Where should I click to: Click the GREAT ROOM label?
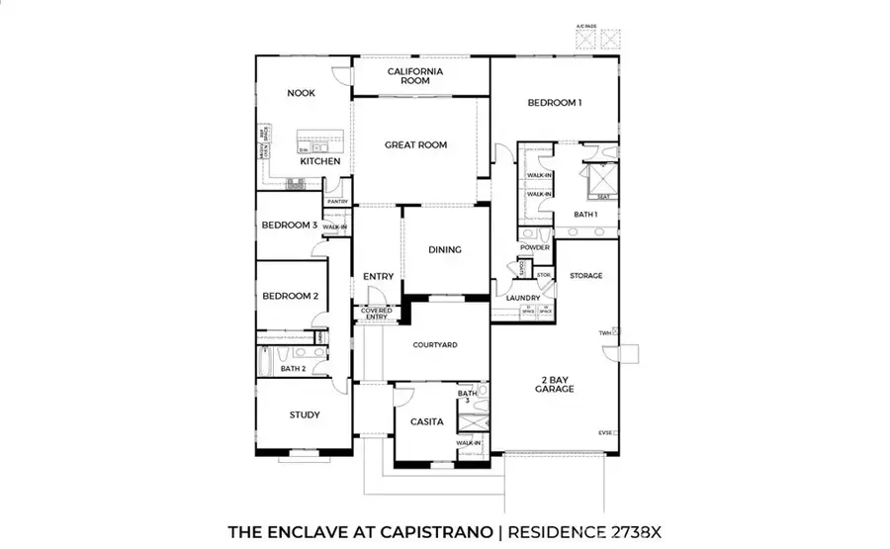pos(415,145)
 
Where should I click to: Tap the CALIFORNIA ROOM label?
pos(414,76)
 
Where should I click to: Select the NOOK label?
pos(301,93)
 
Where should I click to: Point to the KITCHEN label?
pos(320,161)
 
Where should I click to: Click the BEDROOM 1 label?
pos(554,103)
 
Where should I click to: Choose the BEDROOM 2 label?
pos(290,296)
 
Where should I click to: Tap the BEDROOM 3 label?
pos(289,226)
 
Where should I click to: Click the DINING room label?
pos(445,249)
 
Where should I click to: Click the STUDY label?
pos(305,414)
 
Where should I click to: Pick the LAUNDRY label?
pos(522,298)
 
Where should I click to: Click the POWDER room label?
pos(534,247)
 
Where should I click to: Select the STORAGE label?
pos(585,276)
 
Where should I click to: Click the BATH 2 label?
pos(293,369)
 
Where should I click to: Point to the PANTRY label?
pos(337,202)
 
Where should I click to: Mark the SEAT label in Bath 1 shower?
pos(602,196)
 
